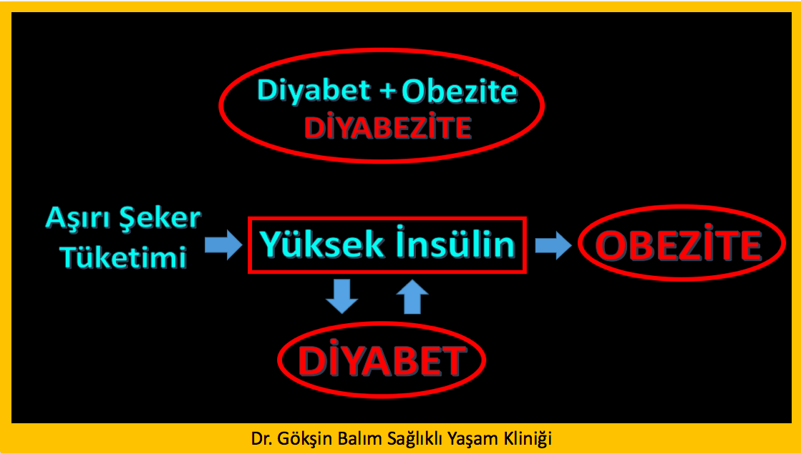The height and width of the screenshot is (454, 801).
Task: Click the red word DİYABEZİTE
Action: click(387, 127)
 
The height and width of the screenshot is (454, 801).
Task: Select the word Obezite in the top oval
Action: click(460, 91)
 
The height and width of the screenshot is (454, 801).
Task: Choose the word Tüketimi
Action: click(123, 257)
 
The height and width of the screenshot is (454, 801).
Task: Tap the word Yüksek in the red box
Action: click(323, 245)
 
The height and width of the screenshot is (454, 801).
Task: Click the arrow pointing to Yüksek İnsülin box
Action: click(223, 245)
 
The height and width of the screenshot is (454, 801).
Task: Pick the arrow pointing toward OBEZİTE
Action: click(553, 245)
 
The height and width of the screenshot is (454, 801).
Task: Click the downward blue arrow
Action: click(341, 296)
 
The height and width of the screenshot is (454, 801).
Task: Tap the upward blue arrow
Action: click(412, 296)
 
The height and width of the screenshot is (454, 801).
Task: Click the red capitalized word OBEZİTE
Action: click(680, 246)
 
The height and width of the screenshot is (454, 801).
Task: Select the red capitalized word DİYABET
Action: click(381, 360)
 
